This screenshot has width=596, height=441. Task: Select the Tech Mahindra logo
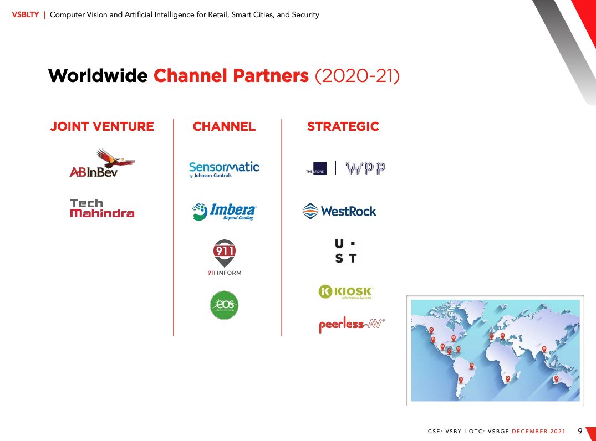coord(102,208)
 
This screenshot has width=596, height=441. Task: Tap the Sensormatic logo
coord(224,168)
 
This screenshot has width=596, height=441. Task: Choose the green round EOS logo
coord(224,305)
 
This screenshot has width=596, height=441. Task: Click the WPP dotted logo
coord(365,168)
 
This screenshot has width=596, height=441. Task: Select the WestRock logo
coord(339,211)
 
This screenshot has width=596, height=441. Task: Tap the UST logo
coord(345,251)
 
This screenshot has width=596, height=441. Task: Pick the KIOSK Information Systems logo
coord(346,292)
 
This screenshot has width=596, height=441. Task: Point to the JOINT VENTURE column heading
coord(102,126)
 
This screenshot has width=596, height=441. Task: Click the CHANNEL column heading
coord(224,126)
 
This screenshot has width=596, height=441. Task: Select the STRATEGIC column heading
coord(343,126)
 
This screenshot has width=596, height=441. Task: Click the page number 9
coord(580,431)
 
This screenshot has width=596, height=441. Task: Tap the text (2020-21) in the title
coord(356,76)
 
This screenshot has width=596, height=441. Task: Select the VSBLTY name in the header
coord(24,15)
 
